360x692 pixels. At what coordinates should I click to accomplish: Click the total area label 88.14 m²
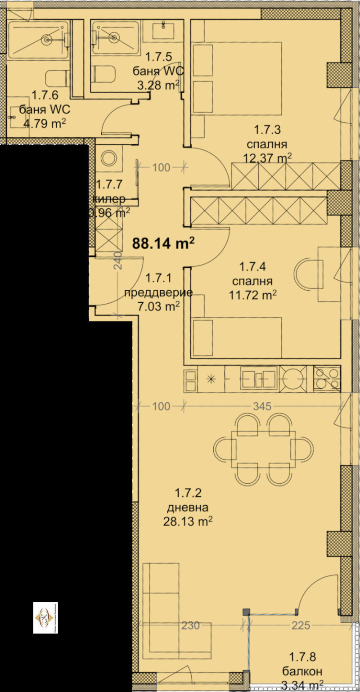coord(163,243)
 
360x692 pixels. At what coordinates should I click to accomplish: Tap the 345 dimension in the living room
coord(262,406)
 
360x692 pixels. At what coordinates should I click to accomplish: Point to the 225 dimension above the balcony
coord(300,625)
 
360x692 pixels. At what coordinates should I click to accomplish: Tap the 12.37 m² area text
coord(267,158)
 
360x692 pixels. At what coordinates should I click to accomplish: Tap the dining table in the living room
coord(264,449)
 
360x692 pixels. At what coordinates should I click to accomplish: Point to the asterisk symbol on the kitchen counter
coord(211,379)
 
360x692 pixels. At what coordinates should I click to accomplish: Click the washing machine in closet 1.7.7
coord(108,158)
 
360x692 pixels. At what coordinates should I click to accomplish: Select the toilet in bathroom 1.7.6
coord(58,79)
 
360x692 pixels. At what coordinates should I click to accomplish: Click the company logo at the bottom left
coord(46,617)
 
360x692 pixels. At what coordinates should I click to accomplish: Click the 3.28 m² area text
coord(157,85)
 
